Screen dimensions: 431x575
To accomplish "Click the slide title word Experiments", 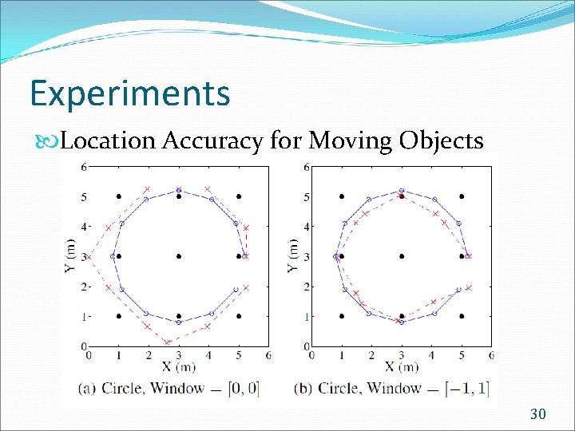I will tap(129, 93).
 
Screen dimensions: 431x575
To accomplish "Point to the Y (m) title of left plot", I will tap(70, 255).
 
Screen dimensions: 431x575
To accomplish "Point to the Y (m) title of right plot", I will tap(292, 255).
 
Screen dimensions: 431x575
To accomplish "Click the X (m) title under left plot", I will tap(177, 366).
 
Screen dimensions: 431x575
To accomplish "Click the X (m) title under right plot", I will tap(400, 366).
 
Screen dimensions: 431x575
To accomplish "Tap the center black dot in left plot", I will tap(179, 256).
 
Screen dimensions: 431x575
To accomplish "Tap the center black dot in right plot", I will tap(402, 256).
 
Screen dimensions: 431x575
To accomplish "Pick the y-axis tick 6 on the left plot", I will tap(84, 167).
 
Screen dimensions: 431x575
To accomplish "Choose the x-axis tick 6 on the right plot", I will tap(490, 354).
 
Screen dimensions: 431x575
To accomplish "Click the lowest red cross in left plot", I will tap(167, 342).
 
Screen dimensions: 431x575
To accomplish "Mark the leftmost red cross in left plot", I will tap(89, 256).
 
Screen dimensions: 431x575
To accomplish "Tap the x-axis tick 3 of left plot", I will tap(179, 354).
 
